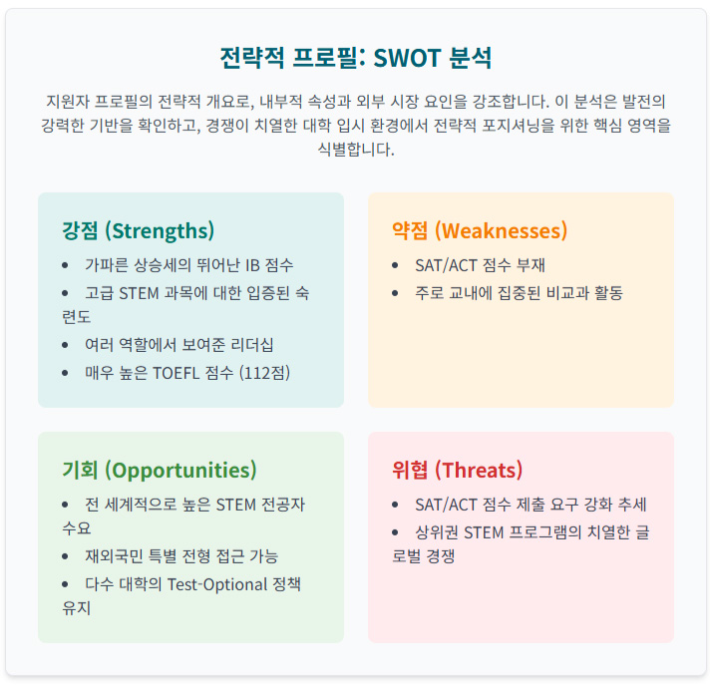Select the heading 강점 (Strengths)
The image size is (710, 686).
[x=138, y=230]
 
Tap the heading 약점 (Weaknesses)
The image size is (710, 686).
[x=480, y=230]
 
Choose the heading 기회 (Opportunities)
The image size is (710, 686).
[x=159, y=470]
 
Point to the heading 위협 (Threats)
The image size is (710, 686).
[x=457, y=470]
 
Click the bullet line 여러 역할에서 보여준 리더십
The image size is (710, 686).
[x=178, y=345]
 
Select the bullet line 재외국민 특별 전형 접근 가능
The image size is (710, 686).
[x=180, y=555]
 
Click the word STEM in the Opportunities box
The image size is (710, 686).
[x=236, y=505]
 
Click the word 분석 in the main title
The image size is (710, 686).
[x=469, y=57]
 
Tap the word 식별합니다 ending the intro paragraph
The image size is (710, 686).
[x=355, y=150]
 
